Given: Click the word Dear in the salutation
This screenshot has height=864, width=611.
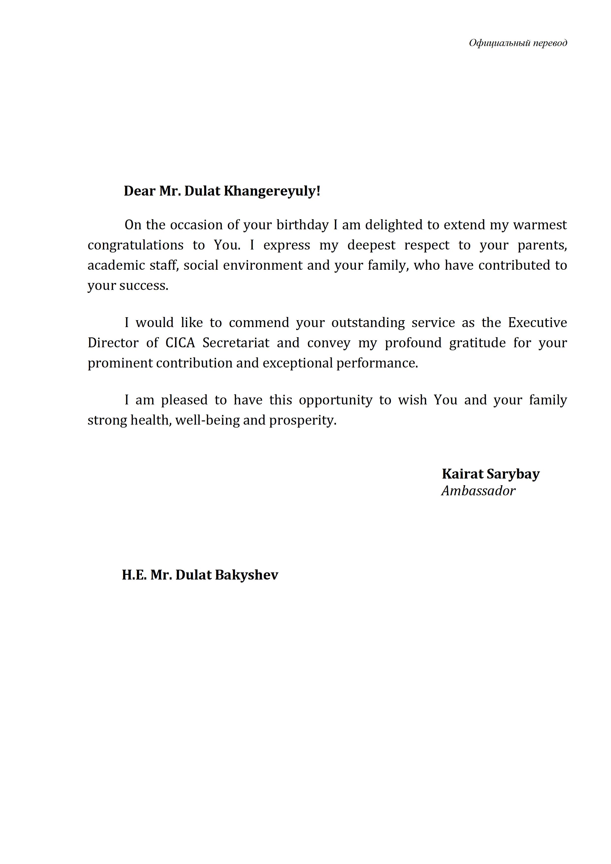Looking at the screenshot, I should click(139, 191).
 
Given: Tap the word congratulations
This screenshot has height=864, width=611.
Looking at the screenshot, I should click(135, 245).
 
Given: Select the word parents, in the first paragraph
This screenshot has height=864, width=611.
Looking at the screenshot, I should click(542, 245).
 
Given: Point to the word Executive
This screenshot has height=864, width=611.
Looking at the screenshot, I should click(537, 323).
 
